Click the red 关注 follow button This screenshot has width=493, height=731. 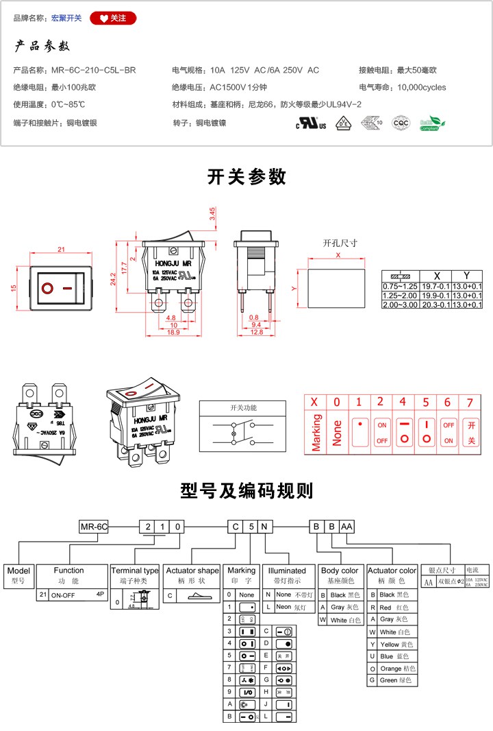point(113,18)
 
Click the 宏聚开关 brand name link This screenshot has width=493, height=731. point(66,18)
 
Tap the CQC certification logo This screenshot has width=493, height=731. point(400,123)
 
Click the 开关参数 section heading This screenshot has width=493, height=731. point(246,177)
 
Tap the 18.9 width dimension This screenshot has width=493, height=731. point(174,332)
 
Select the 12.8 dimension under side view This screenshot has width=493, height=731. point(257,332)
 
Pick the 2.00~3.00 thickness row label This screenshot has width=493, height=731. point(400,304)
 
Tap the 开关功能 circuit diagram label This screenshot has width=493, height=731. point(243,408)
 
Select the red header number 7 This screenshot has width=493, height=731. point(470,402)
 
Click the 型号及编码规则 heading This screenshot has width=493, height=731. point(246,491)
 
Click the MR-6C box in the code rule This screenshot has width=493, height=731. point(94,527)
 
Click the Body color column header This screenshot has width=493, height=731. point(340,571)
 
